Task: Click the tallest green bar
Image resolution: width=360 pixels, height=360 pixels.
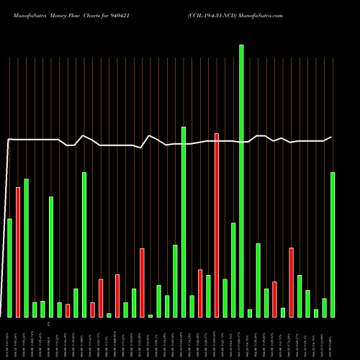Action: click(x=241, y=180)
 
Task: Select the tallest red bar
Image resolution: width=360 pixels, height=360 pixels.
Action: click(x=217, y=225)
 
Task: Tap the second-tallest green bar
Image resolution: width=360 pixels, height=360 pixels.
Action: click(x=184, y=222)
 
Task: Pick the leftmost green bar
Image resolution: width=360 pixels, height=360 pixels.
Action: click(x=9, y=267)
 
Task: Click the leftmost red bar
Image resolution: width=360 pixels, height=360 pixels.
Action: click(x=18, y=252)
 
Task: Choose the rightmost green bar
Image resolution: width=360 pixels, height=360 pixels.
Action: click(x=333, y=244)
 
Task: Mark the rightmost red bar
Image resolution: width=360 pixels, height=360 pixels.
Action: click(x=291, y=282)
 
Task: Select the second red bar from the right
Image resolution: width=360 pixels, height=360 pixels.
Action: click(x=274, y=299)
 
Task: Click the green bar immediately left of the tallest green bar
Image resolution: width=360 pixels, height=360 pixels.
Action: click(x=233, y=270)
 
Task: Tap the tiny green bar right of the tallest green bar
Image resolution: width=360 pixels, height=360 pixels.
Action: click(x=250, y=313)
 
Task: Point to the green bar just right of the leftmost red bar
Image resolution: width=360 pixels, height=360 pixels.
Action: click(x=27, y=248)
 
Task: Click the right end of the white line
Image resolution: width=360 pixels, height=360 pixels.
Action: click(x=331, y=137)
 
